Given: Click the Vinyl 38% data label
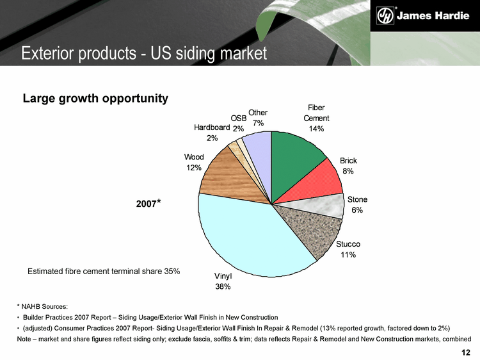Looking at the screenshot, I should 223,281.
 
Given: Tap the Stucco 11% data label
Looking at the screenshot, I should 348,250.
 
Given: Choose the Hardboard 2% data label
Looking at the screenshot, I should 212,133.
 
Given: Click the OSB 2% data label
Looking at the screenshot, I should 238,124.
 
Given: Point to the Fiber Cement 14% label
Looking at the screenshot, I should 316,118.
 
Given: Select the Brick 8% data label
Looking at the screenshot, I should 348,166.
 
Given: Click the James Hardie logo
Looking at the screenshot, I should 422,15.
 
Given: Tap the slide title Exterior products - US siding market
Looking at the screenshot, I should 144,54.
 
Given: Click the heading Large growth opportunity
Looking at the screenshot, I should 95,99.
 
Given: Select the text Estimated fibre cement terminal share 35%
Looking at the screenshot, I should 104,272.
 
